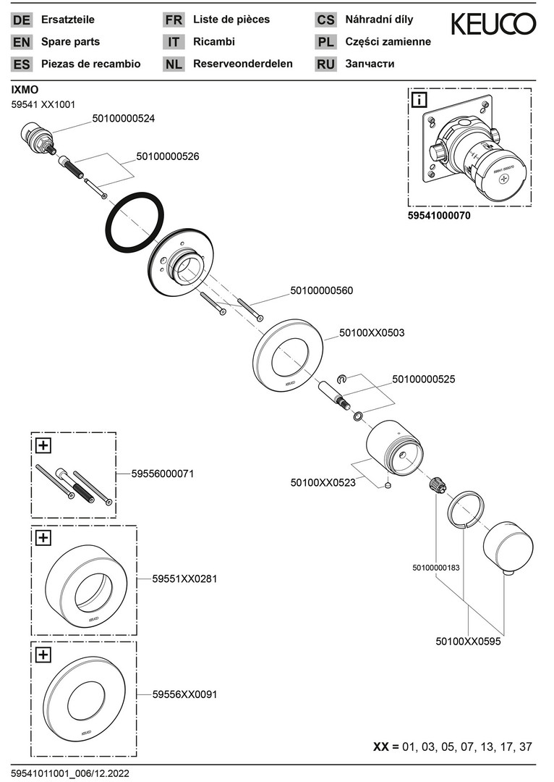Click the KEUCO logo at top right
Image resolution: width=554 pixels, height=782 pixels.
coord(493,25)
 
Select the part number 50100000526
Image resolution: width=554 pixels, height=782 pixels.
coord(168,156)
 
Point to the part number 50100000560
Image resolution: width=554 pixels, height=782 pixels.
coord(322,290)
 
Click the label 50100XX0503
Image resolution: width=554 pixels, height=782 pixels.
coord(372,333)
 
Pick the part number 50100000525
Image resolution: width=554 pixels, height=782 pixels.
coord(424,379)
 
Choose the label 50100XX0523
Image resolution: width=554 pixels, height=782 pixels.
coord(323,482)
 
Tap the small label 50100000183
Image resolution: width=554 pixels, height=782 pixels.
coord(436,568)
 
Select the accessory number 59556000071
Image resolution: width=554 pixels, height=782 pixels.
coord(163,474)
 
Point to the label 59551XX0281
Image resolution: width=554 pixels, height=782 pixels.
coord(185,579)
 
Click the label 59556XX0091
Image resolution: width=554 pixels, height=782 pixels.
coord(185,694)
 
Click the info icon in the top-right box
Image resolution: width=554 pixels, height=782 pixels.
coord(419,99)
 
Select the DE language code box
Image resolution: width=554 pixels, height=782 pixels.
coord(22,20)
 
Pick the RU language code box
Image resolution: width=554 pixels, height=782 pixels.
coord(325,64)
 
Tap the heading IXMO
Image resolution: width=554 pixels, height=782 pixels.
coord(25,89)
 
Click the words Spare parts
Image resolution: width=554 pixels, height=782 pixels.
coord(71,42)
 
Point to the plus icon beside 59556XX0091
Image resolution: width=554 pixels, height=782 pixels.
coord(43,655)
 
